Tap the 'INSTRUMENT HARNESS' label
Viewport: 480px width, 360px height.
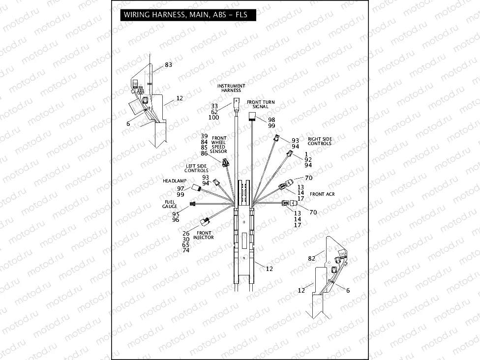coord(231,88)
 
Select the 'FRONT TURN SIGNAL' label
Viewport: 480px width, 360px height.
coord(261,104)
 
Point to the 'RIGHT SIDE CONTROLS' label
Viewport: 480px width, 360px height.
coord(320,141)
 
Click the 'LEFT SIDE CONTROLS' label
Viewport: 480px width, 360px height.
coord(196,168)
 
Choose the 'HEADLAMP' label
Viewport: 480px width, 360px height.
coord(173,181)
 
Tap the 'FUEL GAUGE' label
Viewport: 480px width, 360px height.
coord(170,204)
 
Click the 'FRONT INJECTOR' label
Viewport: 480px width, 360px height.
coord(204,235)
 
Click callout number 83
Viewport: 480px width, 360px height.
coord(168,64)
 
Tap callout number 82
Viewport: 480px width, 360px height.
coord(311,258)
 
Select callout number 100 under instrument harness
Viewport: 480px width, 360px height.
coord(214,118)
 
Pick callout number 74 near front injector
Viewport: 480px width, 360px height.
coord(185,250)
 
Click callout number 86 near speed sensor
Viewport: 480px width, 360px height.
coord(205,154)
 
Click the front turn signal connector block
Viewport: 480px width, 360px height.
coord(252,116)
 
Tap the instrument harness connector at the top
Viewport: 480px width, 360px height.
coord(236,103)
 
